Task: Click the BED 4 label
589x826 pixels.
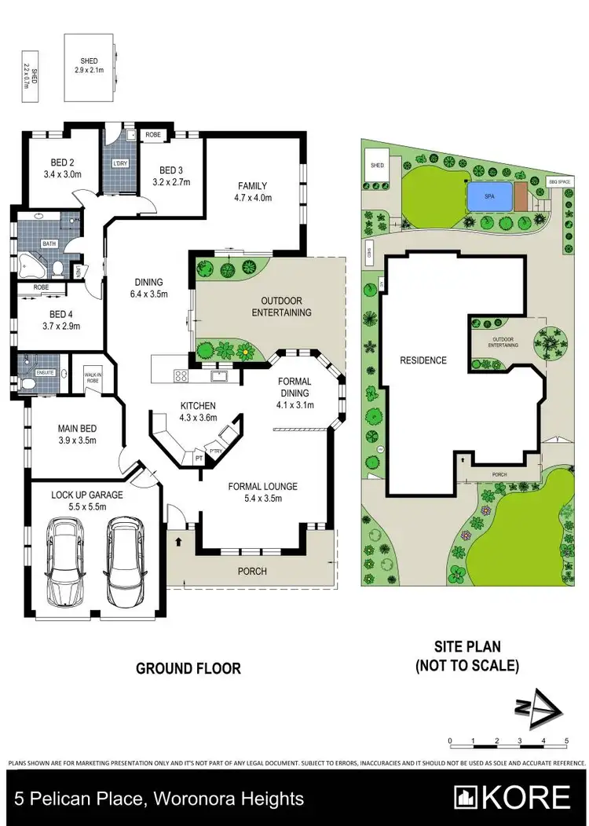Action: point(57,320)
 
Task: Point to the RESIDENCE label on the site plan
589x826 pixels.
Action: point(423,360)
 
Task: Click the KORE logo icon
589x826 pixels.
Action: point(467,797)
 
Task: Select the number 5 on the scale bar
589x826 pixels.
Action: point(566,740)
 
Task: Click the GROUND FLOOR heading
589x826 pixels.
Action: point(188,669)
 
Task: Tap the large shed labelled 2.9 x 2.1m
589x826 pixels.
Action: point(89,66)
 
